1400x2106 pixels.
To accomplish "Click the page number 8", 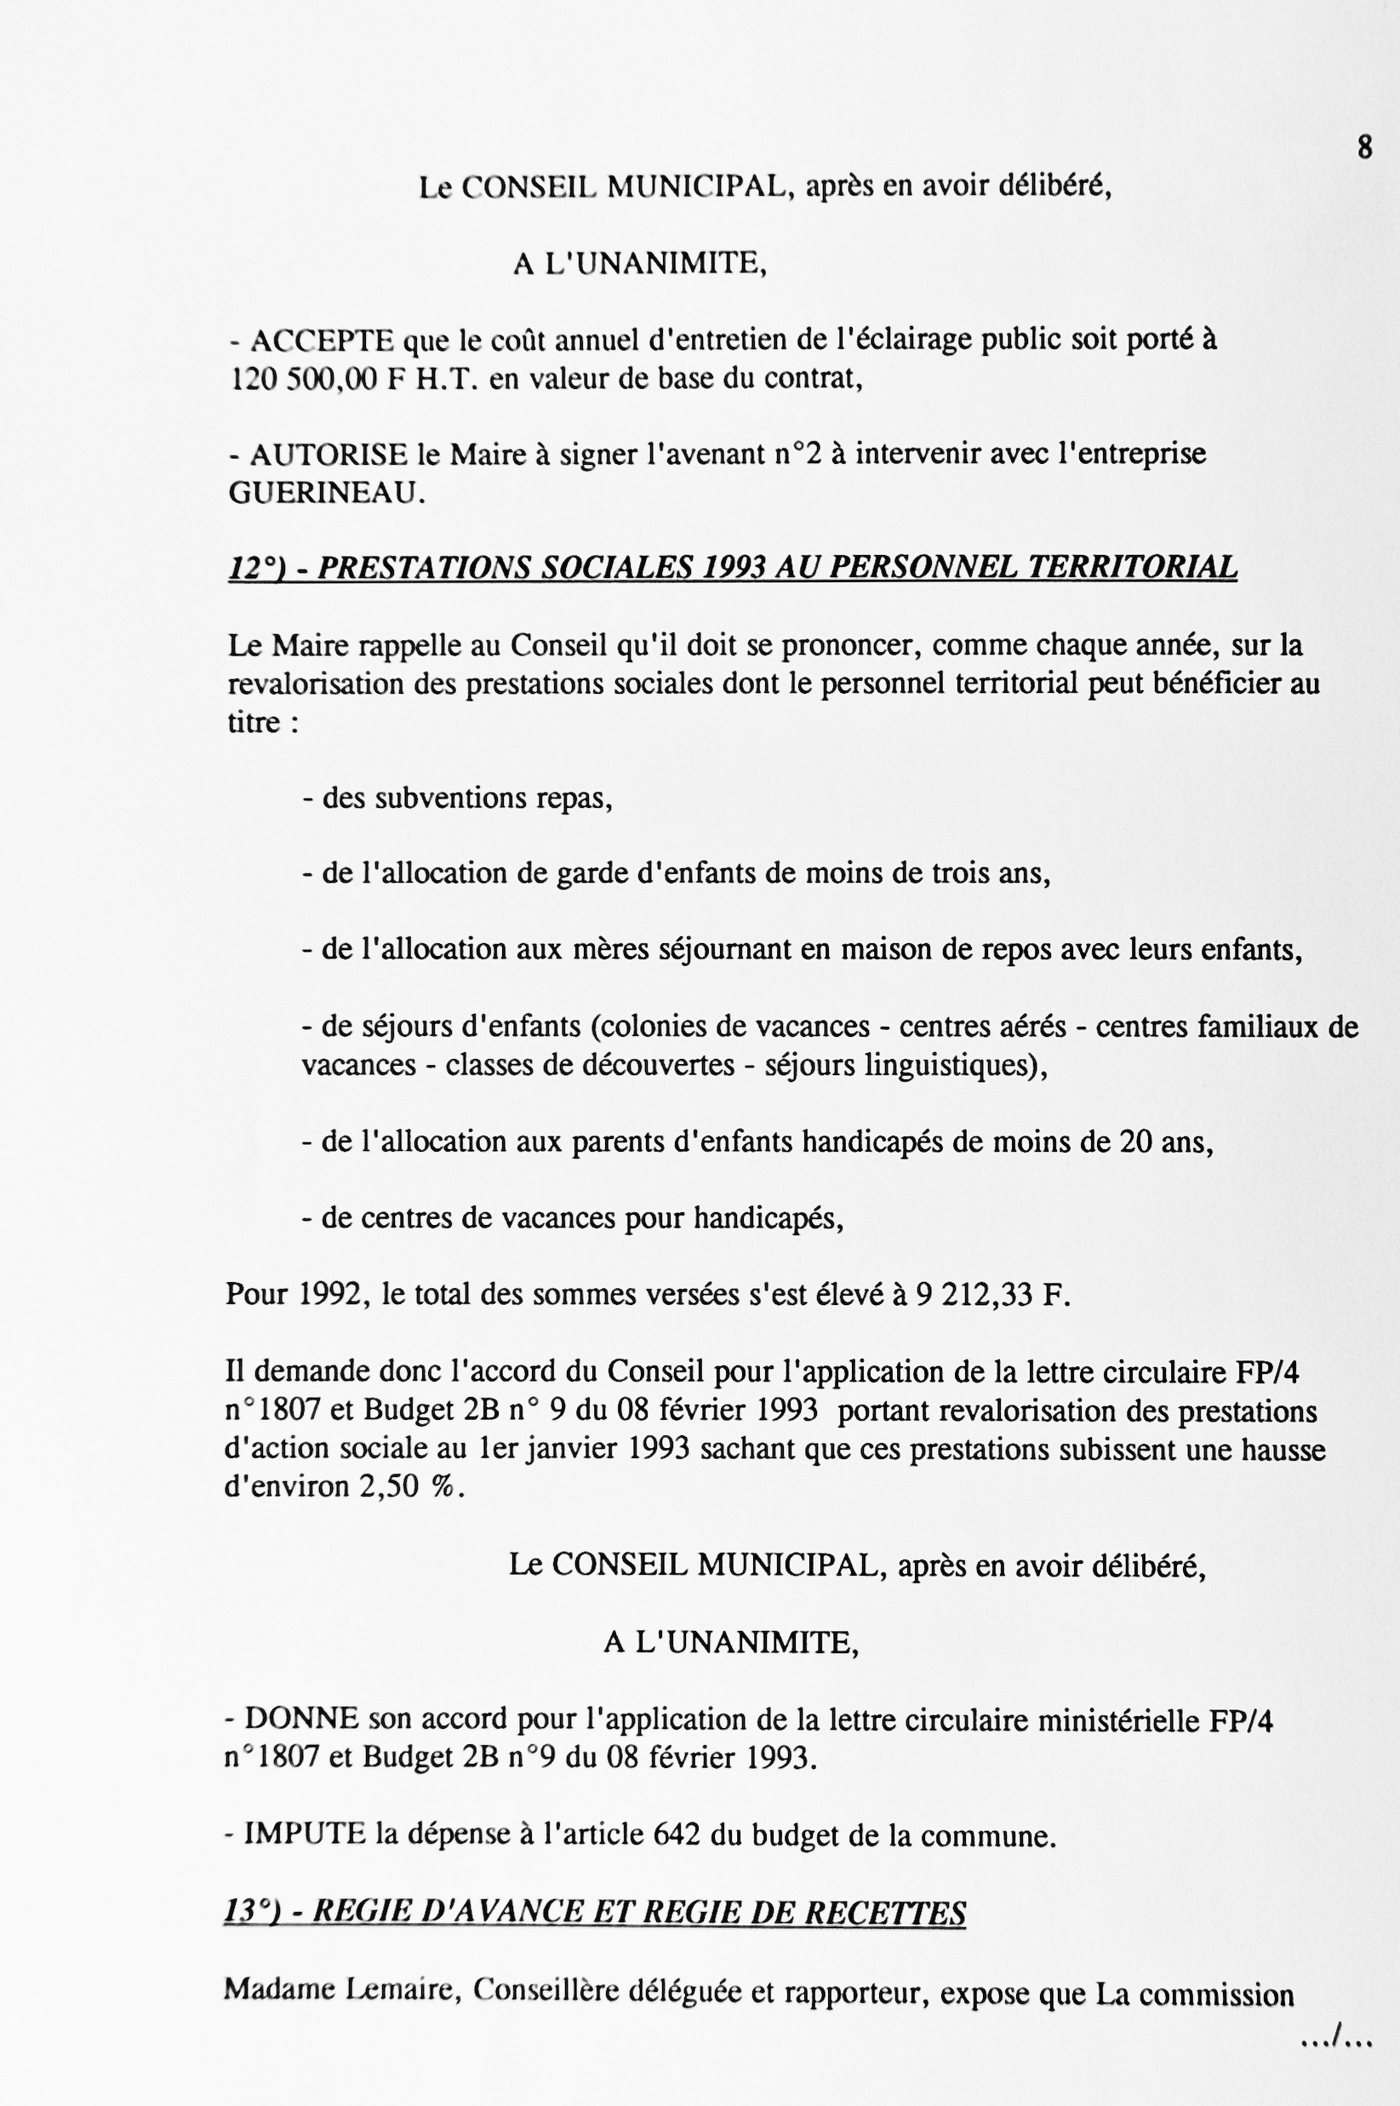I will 1364,146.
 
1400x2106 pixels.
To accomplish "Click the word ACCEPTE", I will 323,341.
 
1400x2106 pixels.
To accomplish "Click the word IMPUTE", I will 305,1834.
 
